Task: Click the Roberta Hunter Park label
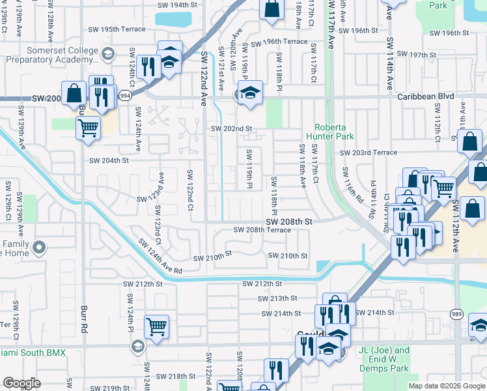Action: pos(334,132)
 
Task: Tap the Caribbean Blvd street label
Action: pos(426,96)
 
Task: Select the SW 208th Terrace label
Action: pos(262,230)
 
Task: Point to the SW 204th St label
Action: pos(109,160)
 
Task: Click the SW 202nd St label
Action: pos(230,129)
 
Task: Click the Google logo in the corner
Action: pos(21,383)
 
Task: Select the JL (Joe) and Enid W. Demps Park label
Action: pos(384,355)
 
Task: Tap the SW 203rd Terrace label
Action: pos(368,152)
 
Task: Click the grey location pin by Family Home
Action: pos(40,247)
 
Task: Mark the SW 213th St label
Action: pos(277,298)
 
